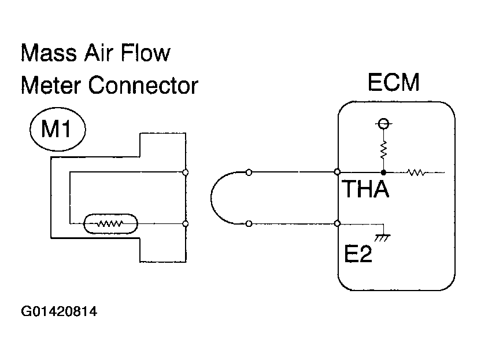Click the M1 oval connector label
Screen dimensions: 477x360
[58, 129]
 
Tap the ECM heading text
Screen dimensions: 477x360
[394, 82]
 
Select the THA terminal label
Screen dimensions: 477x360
[365, 189]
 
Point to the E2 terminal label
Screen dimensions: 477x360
[358, 254]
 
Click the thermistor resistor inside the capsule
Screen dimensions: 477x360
[110, 224]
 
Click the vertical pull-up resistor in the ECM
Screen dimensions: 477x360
[383, 149]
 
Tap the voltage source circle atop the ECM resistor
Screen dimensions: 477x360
[383, 123]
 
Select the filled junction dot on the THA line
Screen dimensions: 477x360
[383, 172]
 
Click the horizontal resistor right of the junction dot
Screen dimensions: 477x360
[416, 172]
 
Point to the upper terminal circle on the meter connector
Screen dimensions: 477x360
[185, 172]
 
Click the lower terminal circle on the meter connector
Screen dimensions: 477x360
[185, 224]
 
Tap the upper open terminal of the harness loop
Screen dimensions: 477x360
[249, 172]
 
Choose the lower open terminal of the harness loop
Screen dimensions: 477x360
[249, 224]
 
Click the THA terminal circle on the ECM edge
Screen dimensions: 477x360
[337, 172]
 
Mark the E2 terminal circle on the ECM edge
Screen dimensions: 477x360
[337, 223]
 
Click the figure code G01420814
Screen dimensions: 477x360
[59, 311]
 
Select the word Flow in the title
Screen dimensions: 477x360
[145, 53]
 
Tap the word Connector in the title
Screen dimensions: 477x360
[143, 85]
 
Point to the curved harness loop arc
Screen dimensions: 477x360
[210, 198]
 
